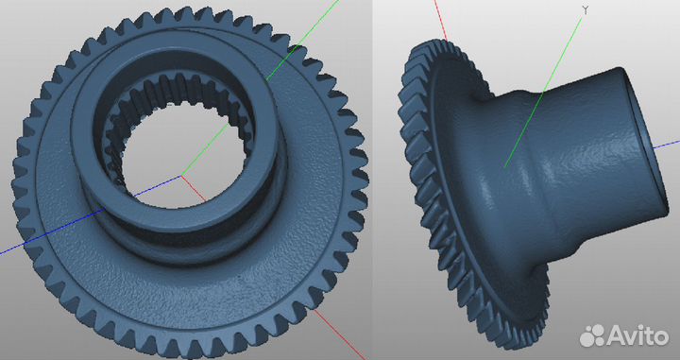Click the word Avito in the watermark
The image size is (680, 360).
tap(637, 335)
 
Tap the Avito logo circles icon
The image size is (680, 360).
tap(592, 335)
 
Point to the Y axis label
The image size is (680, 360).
tap(586, 10)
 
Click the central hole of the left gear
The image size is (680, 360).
tap(183, 156)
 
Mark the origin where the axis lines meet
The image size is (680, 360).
tap(181, 175)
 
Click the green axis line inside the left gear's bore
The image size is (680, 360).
tap(205, 149)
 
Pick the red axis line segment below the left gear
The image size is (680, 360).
tap(340, 334)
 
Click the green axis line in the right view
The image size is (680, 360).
tap(543, 93)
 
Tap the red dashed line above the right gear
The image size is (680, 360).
tap(440, 21)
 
